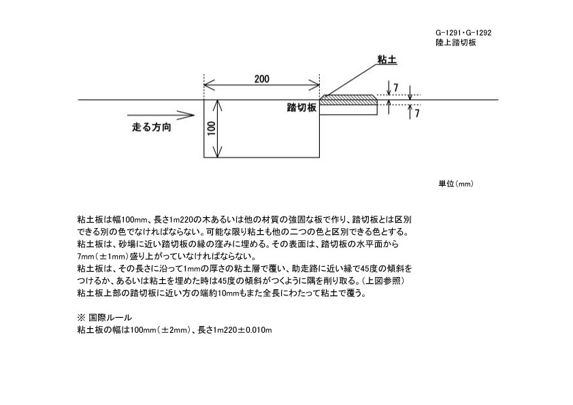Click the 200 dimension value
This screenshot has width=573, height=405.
tap(261, 79)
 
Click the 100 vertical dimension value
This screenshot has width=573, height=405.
tap(212, 128)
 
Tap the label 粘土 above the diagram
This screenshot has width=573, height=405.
tap(387, 60)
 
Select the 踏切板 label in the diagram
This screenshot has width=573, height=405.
tap(301, 108)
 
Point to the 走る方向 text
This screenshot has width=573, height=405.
tap(152, 127)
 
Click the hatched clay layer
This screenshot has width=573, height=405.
tap(348, 100)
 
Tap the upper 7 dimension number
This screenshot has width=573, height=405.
tap(396, 88)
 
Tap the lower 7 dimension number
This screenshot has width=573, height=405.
tap(417, 113)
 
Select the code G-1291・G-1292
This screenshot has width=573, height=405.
tap(463, 33)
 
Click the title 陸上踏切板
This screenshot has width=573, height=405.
tap(456, 42)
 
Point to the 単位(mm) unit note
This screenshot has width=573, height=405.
tap(456, 184)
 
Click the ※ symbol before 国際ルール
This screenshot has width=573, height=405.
tap(81, 318)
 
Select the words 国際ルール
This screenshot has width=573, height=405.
tap(110, 318)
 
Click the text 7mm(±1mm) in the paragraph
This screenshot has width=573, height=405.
tap(102, 256)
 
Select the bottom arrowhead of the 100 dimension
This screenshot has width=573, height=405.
tap(218, 153)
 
